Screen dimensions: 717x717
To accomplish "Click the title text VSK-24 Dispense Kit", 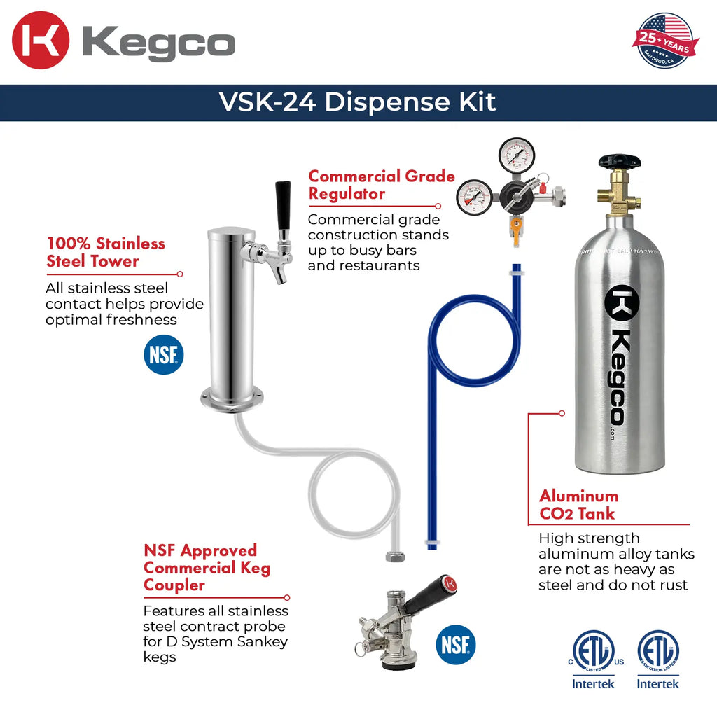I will (358, 102).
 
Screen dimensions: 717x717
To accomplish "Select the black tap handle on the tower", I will (283, 205).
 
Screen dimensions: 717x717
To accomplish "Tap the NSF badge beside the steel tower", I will (164, 354).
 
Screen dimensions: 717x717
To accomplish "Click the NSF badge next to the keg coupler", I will (456, 644).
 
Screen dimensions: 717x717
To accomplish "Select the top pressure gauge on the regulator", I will (517, 155).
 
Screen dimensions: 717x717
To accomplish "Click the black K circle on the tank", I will (622, 302).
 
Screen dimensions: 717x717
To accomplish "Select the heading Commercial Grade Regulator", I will (382, 185).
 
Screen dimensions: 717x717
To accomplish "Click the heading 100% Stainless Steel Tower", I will (106, 253).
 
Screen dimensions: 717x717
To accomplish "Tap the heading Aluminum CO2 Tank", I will (578, 505).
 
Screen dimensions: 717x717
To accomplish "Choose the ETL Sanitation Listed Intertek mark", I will (657, 659).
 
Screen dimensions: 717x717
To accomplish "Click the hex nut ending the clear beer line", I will (393, 557).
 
